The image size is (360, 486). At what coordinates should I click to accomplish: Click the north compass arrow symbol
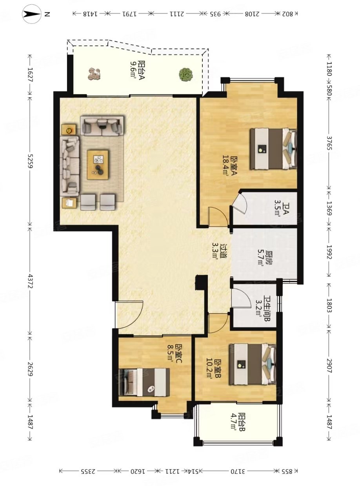[32, 14]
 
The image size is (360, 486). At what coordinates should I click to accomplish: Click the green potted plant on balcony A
[186, 74]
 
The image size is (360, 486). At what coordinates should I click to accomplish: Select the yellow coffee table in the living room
[98, 165]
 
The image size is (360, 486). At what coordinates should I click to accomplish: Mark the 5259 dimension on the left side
[30, 161]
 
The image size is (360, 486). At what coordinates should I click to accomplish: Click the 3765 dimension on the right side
[329, 143]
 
